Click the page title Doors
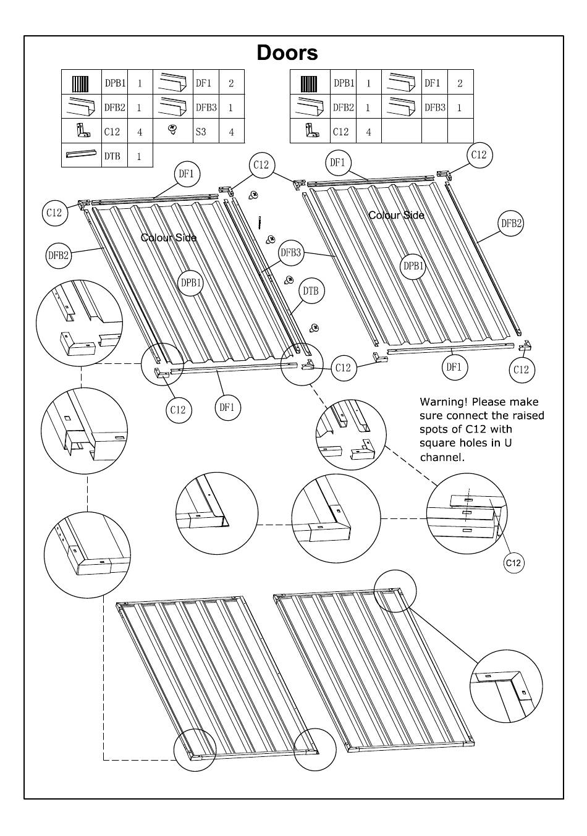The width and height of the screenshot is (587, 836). [x=287, y=53]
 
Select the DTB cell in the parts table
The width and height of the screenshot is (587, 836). [x=112, y=156]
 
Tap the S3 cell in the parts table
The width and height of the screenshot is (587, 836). [x=201, y=132]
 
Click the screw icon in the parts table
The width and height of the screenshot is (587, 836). [x=173, y=130]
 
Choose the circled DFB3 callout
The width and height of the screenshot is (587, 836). [x=291, y=252]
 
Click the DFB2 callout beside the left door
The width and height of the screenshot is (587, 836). [x=59, y=255]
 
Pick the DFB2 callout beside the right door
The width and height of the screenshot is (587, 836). [x=511, y=224]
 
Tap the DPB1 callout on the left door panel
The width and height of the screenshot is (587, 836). [x=191, y=283]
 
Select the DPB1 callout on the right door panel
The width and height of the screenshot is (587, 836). [x=413, y=266]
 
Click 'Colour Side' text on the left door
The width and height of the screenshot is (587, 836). [x=169, y=238]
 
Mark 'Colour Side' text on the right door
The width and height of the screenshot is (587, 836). [x=396, y=215]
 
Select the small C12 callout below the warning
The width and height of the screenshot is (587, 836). [x=513, y=562]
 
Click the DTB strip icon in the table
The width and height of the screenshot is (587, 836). [x=81, y=154]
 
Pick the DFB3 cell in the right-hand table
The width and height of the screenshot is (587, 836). [x=434, y=108]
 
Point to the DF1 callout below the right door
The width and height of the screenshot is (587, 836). [x=454, y=367]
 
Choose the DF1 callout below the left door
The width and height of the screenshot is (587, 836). [x=227, y=407]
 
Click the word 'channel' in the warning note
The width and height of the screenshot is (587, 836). [x=441, y=457]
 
